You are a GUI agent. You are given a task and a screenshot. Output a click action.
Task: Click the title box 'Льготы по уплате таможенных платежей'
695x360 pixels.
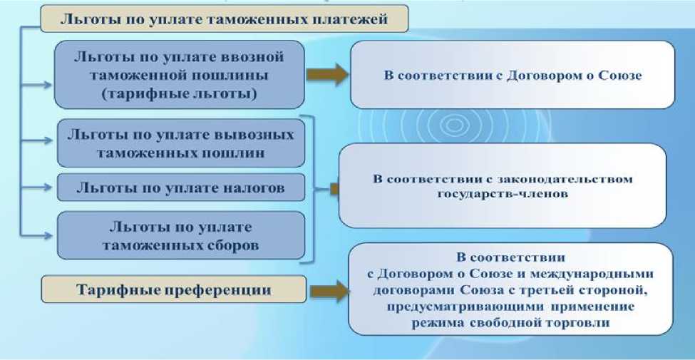[x=224, y=19]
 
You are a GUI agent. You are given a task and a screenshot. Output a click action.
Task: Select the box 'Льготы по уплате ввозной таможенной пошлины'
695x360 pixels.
[x=180, y=74]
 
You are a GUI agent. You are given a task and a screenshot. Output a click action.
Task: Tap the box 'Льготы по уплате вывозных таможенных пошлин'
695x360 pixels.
[x=180, y=143]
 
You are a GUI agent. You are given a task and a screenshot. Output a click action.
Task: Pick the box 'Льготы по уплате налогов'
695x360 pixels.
[x=181, y=187]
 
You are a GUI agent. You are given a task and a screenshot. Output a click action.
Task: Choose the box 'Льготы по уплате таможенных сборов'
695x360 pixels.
[x=181, y=236]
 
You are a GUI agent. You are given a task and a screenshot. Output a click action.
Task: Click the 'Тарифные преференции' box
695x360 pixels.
[x=174, y=290]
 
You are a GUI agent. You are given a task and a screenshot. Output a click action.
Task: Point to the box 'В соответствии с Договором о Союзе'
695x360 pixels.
[x=512, y=75]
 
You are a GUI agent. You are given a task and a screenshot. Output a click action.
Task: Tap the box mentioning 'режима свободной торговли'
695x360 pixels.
[x=510, y=289]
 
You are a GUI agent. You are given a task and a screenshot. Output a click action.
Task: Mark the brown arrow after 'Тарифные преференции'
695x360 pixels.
[x=327, y=290]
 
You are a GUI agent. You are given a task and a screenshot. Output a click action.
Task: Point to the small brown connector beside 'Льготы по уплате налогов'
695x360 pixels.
[x=334, y=188]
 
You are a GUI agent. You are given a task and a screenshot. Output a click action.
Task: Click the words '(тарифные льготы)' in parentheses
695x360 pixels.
[x=180, y=93]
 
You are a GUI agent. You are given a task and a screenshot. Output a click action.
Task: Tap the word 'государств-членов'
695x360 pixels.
[x=503, y=192]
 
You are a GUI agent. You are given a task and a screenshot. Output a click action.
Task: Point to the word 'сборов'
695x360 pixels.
[x=234, y=245]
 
